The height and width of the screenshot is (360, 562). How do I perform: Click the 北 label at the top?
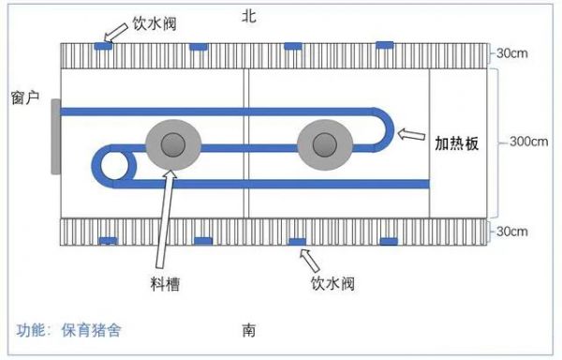(247, 16)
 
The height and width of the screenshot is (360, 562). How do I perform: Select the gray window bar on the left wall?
(56, 137)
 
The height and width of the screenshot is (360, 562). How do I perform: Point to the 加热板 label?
(457, 143)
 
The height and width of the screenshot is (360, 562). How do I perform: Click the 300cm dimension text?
(527, 142)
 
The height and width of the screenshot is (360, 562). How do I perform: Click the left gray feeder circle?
(172, 145)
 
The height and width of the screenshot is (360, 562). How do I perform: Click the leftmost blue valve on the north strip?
(105, 46)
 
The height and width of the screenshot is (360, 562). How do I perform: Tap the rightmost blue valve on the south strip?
(387, 241)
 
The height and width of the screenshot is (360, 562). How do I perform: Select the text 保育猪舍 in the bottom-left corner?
(91, 330)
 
